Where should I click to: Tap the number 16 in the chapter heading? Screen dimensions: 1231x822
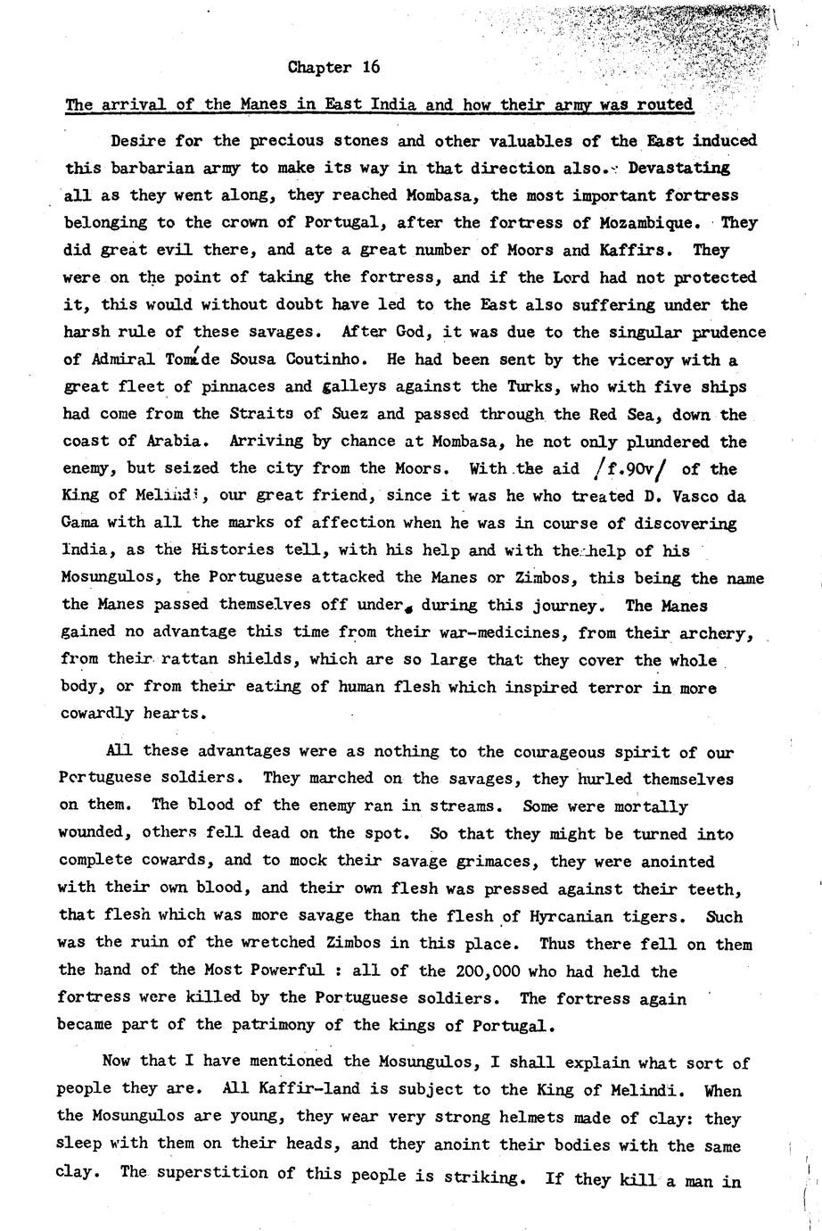click(x=371, y=67)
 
